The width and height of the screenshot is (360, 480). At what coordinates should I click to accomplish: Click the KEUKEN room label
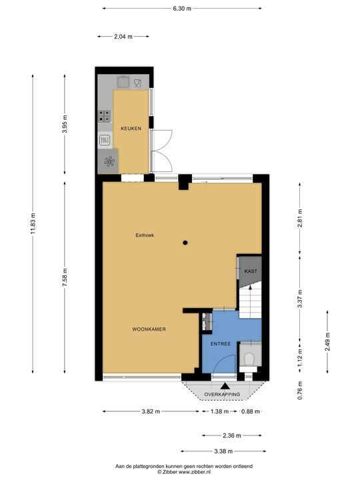click(x=131, y=129)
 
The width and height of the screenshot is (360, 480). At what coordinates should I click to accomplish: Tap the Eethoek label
click(x=145, y=235)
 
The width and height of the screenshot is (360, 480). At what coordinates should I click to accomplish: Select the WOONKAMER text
click(x=149, y=329)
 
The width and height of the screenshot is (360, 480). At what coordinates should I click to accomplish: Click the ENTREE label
click(x=221, y=344)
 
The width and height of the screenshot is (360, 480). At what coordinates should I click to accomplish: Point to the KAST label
click(x=251, y=271)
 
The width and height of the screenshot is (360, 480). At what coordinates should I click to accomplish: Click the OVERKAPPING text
click(x=222, y=394)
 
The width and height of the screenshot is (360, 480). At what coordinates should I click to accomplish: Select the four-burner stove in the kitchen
click(x=105, y=116)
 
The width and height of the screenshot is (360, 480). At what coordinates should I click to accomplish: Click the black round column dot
click(x=185, y=243)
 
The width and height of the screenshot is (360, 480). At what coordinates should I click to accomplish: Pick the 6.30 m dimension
click(x=182, y=9)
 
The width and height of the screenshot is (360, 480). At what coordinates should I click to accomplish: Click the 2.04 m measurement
click(x=123, y=37)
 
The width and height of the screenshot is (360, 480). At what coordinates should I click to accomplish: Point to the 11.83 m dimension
click(x=33, y=223)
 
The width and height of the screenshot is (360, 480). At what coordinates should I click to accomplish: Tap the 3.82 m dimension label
click(x=151, y=411)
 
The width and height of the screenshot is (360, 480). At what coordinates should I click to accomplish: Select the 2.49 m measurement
click(x=327, y=341)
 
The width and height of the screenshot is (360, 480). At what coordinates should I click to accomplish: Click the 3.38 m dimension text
click(x=223, y=451)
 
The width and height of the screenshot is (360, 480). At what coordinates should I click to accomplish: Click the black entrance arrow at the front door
click(x=225, y=386)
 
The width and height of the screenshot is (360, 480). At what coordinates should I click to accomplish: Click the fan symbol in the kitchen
click(x=109, y=161)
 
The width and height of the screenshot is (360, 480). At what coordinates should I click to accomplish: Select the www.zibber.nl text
click(x=195, y=472)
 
